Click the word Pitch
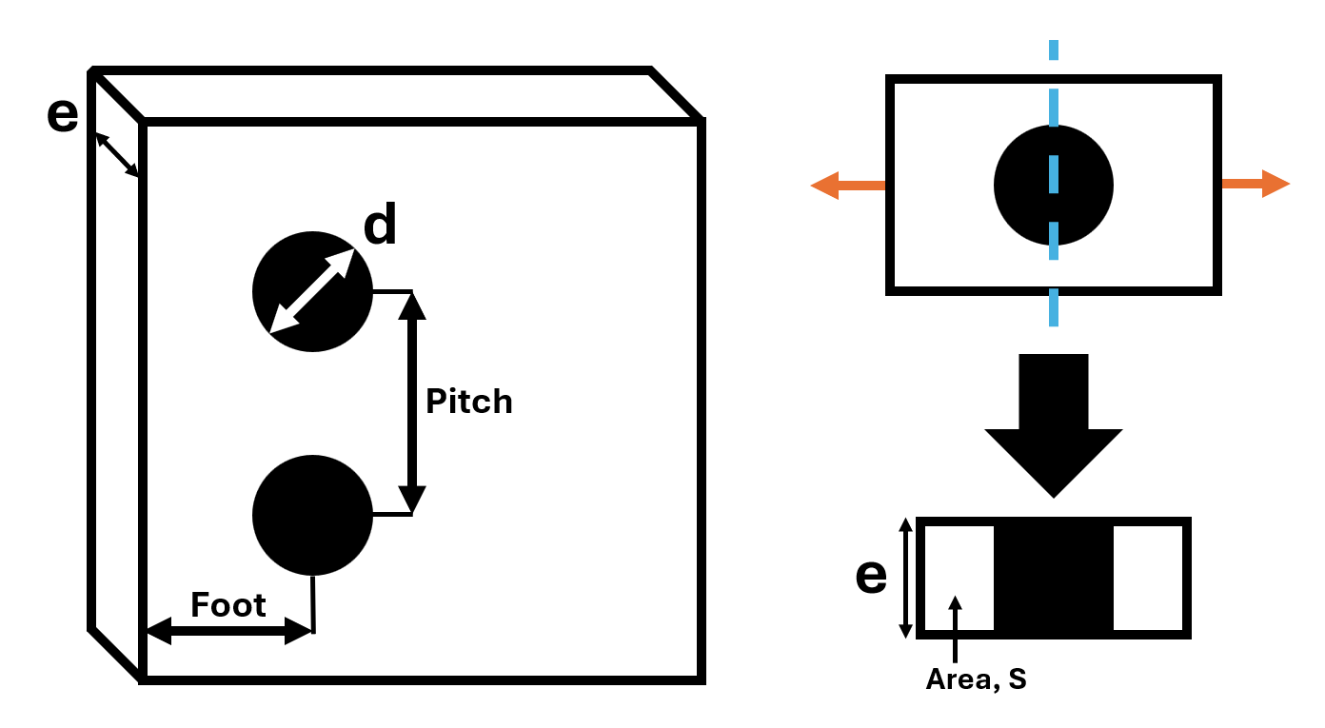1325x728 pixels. click(x=469, y=403)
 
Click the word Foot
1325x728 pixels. click(x=228, y=605)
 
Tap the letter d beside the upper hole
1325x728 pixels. click(x=380, y=223)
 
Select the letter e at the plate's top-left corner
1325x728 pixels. click(x=63, y=114)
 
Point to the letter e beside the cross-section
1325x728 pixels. click(x=871, y=576)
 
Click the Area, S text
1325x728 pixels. click(x=976, y=679)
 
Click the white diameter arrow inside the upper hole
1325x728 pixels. click(x=311, y=291)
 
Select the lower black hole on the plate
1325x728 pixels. click(x=312, y=515)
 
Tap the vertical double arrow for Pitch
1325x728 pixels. click(x=412, y=403)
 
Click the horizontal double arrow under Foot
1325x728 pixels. click(x=229, y=631)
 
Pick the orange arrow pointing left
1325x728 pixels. click(x=848, y=186)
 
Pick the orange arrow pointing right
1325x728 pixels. click(x=1256, y=184)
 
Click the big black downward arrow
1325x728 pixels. click(x=1054, y=425)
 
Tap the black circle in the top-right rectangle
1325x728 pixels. click(x=1054, y=186)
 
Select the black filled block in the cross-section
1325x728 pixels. click(x=1054, y=578)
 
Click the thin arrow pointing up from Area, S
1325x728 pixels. click(x=955, y=629)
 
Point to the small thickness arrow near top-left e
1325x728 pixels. click(x=117, y=155)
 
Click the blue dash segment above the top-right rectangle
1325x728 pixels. click(x=1054, y=49)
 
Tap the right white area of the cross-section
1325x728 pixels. click(x=1148, y=578)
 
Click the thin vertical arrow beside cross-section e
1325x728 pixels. click(x=905, y=578)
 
